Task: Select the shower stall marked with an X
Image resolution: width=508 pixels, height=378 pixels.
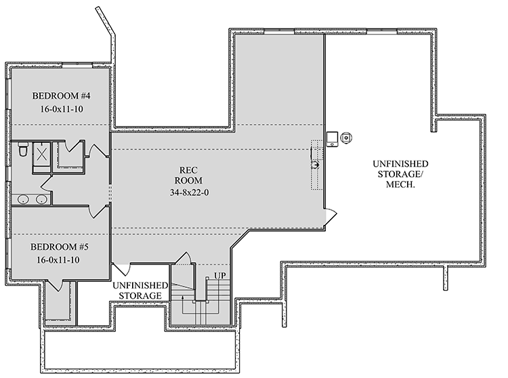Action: click(41, 153)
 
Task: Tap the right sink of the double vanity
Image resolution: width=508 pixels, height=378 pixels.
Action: click(41, 199)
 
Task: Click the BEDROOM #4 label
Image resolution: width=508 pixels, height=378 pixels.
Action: click(61, 95)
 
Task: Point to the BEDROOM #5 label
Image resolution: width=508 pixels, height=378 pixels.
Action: click(61, 247)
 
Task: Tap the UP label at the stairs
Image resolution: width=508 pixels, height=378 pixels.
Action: click(219, 276)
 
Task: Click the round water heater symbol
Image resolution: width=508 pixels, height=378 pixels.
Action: click(346, 138)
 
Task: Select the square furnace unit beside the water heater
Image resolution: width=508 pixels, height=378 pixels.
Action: click(333, 138)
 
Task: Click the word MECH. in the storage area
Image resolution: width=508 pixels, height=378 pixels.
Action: click(399, 185)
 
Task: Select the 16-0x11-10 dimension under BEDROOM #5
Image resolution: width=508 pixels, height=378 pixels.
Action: click(61, 259)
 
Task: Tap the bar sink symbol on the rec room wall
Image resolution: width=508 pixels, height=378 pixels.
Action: click(315, 164)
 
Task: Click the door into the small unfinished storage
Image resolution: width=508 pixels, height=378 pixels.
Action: click(121, 267)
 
